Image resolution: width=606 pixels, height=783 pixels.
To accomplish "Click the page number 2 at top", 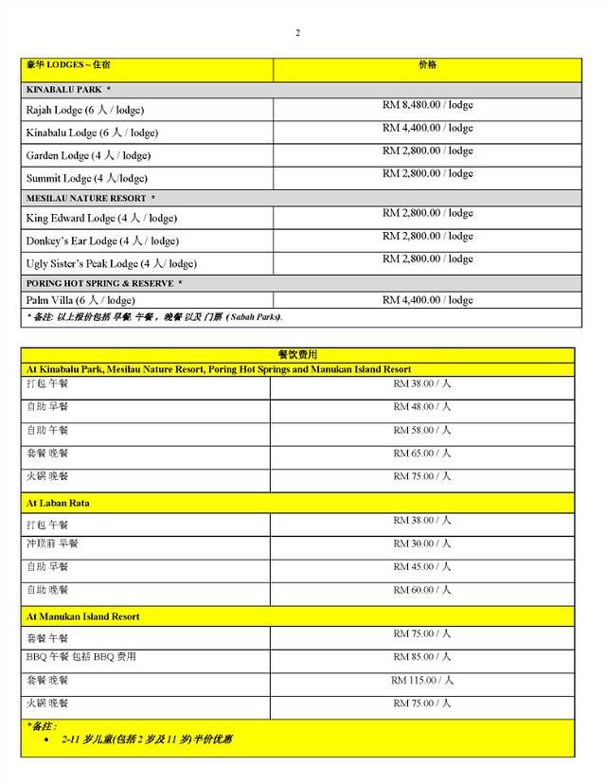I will click(297, 33).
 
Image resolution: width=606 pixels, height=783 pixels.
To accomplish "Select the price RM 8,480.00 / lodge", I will click(427, 105).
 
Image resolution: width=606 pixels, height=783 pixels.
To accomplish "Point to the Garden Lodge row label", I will click(87, 155).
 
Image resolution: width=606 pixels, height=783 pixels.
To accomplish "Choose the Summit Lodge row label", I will click(86, 178).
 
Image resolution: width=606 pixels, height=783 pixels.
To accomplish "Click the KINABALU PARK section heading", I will click(68, 89).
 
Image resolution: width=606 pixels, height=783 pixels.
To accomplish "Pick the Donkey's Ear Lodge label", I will click(101, 240).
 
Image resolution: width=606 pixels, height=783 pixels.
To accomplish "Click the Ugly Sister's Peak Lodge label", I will click(111, 263).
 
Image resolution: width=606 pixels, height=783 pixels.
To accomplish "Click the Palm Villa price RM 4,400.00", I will click(427, 300).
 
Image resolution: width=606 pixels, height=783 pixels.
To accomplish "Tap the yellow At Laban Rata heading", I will click(58, 503).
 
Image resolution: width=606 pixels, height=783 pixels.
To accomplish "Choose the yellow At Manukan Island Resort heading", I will click(82, 616).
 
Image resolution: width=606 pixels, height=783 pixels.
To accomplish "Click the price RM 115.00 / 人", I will click(422, 680).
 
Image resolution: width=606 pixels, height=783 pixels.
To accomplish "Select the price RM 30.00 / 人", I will click(422, 543).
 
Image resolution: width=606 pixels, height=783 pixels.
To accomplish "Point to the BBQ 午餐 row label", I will click(80, 657).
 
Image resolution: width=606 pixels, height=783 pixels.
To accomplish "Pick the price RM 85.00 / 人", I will click(422, 657).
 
